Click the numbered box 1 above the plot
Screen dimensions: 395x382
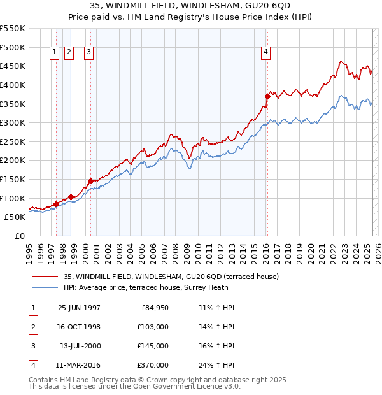coord(54,53)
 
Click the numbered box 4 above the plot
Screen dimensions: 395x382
coord(265,53)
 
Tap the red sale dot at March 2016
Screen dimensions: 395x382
coord(267,96)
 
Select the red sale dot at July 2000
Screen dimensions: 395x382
coord(90,181)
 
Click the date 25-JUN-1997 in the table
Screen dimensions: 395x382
coord(79,308)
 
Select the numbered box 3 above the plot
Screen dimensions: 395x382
coord(88,53)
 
